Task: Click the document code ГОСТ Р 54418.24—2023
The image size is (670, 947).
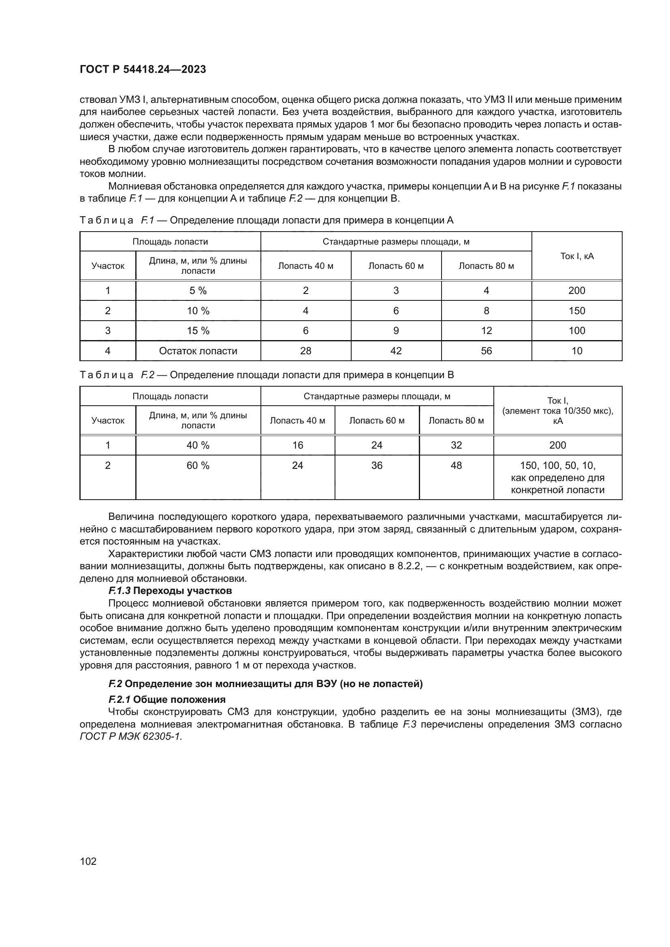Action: click(143, 69)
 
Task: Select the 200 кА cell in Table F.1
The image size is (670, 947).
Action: click(576, 290)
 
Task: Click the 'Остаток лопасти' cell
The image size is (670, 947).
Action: click(198, 351)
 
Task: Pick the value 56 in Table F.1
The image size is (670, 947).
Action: click(486, 351)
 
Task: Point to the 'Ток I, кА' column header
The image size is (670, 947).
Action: click(576, 256)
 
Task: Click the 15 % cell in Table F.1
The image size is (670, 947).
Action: click(198, 331)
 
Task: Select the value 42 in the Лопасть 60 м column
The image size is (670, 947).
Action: click(396, 351)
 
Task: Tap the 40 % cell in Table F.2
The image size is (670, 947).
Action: click(198, 445)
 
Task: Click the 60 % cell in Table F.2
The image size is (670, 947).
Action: click(198, 466)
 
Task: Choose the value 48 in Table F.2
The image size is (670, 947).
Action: click(456, 466)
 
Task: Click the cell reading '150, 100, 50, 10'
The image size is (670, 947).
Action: click(557, 466)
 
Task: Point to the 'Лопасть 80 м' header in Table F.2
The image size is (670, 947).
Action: click(456, 421)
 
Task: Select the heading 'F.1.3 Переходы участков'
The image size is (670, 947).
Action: click(170, 591)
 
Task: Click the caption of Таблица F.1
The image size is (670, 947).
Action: click(267, 221)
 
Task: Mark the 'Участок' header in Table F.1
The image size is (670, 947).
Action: click(108, 266)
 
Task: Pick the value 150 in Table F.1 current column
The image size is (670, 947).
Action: click(576, 311)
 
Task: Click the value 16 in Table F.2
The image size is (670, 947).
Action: click(297, 445)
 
